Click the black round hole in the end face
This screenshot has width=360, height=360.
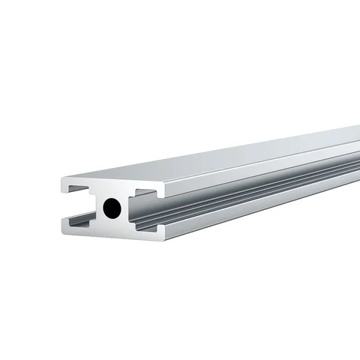pyautogui.click(x=112, y=208)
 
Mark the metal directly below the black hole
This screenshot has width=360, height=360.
pyautogui.click(x=112, y=226)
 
